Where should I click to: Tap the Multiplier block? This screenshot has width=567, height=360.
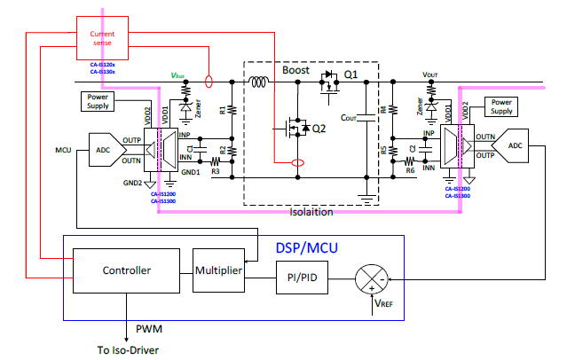coord(217,270)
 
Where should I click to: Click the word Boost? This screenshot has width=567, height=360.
coord(295,70)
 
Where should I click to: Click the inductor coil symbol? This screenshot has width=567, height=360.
coord(260,85)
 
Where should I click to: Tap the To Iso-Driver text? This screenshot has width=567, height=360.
coord(129,348)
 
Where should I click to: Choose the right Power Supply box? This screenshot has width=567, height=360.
coord(502,106)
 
